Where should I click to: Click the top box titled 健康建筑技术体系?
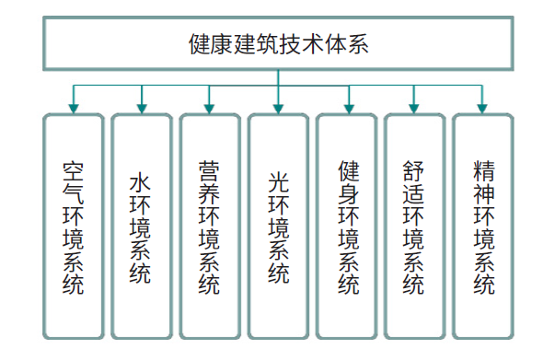click(277, 44)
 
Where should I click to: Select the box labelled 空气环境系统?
click(73, 225)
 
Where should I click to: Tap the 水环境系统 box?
click(141, 225)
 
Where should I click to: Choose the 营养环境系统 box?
click(209, 225)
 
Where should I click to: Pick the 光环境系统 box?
click(278, 225)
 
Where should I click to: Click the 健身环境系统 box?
click(347, 225)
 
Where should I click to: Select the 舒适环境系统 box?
click(414, 225)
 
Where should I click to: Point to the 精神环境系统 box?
click(482, 225)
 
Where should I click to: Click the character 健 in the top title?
click(198, 44)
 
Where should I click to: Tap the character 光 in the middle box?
click(278, 181)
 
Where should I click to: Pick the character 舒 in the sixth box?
click(414, 170)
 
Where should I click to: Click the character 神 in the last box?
click(483, 194)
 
